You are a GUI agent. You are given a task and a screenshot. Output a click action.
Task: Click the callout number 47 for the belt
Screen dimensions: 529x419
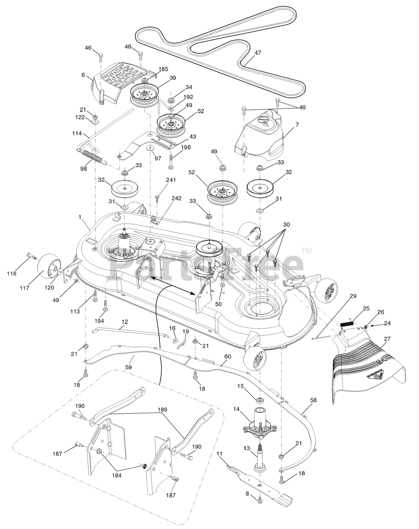pyautogui.click(x=258, y=53)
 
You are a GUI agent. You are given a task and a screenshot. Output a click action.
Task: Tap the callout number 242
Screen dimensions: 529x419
pyautogui.click(x=177, y=198)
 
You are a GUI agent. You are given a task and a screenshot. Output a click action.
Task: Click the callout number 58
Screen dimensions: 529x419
pyautogui.click(x=313, y=400)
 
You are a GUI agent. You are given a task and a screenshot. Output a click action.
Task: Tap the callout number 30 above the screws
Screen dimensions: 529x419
pyautogui.click(x=287, y=224)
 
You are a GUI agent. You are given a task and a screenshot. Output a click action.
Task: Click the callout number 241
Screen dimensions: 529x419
pyautogui.click(x=171, y=180)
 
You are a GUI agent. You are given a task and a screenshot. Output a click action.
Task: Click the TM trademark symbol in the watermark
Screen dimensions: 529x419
pyautogui.click(x=306, y=250)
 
